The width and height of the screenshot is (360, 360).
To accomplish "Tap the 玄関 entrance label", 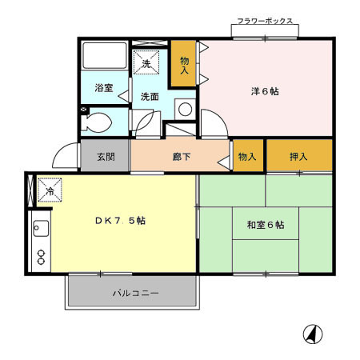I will (x=106, y=157).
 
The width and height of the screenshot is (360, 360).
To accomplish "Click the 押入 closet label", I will (x=299, y=157).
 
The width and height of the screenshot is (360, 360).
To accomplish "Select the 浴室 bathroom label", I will (x=104, y=87).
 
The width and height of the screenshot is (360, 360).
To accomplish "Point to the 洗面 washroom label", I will (x=150, y=96).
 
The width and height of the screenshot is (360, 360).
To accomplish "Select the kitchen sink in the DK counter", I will (x=39, y=230).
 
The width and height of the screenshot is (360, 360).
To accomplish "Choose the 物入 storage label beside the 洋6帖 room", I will (x=184, y=65).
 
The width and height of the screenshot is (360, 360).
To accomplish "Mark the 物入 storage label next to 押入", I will (x=246, y=157).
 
